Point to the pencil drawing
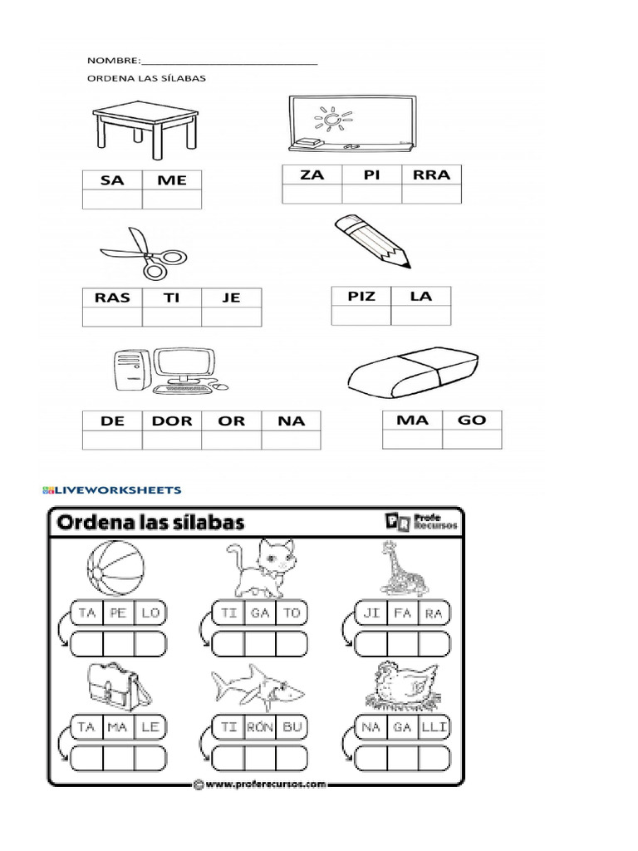point(372,240)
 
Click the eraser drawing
point(412,371)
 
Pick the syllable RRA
point(431,175)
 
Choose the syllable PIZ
point(361,296)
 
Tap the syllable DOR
point(172,421)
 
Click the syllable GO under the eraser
point(472,420)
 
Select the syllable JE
point(231,298)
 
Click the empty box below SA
point(112,199)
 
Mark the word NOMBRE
point(113,61)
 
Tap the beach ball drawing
point(115,570)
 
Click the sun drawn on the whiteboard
point(333,121)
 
